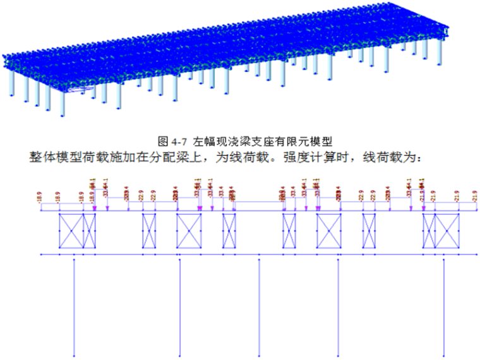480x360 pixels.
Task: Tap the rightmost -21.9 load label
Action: [x=474, y=196]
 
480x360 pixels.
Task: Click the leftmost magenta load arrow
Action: [x=93, y=206]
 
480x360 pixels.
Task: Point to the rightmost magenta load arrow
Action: [x=421, y=206]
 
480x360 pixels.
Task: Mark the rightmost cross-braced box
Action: [x=447, y=231]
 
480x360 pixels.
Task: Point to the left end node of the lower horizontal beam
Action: [x=41, y=255]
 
